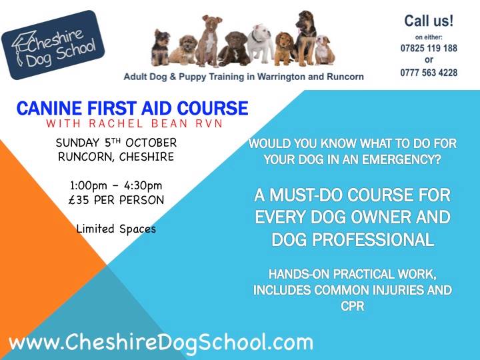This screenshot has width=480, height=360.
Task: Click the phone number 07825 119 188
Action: point(429,48)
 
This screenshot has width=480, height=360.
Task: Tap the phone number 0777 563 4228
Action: point(429,73)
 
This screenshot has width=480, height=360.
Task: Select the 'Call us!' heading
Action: point(429,21)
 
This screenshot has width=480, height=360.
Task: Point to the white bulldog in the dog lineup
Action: point(260,43)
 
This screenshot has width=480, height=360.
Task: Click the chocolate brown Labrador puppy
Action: point(234,49)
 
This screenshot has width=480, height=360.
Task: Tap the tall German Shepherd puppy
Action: point(305,38)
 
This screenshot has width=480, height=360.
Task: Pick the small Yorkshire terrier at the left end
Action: point(161,47)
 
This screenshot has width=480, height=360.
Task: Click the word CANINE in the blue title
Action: point(49,109)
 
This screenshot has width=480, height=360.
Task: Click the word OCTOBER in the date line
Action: point(151,143)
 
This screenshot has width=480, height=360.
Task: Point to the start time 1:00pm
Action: point(89,185)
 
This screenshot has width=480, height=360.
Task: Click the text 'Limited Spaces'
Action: point(116,229)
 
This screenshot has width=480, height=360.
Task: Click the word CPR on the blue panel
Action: point(353,306)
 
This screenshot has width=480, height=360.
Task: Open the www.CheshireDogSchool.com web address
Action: point(161,343)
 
